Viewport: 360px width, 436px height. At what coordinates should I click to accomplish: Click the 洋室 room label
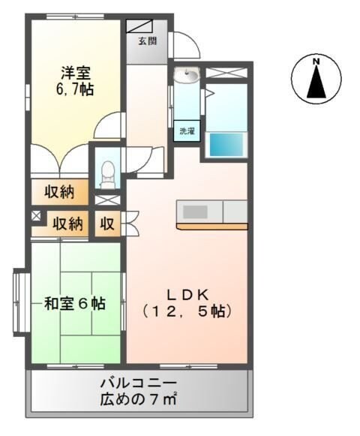pos(76,73)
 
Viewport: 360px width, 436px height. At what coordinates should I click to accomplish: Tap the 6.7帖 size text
pos(76,89)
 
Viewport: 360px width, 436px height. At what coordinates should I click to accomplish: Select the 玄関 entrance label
pos(147,41)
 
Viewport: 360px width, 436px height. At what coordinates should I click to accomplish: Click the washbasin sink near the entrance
pos(187,76)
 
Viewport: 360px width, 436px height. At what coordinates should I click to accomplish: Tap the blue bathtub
pos(228,144)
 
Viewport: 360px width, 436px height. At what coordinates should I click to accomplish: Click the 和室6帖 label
pos(74,304)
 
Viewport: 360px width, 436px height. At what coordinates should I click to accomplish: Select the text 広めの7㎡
pos(139,398)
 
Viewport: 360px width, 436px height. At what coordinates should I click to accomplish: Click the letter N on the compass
pos(316,61)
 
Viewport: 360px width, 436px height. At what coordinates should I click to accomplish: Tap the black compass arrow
pos(316,82)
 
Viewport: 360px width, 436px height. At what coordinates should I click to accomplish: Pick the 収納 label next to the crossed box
pos(67,223)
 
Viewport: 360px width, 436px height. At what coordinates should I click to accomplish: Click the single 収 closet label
pos(108,223)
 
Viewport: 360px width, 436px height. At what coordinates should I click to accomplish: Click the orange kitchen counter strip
pos(212,225)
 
